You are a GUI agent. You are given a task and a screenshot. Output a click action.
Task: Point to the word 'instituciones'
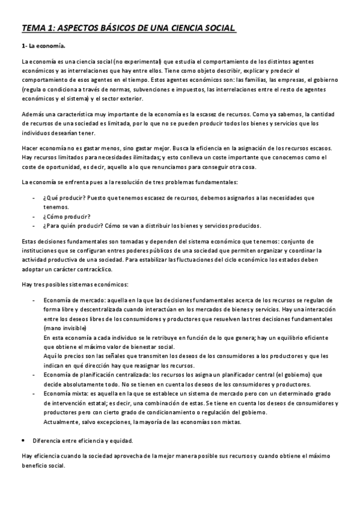(40, 250)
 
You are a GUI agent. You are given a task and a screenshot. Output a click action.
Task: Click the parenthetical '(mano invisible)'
(65, 328)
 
